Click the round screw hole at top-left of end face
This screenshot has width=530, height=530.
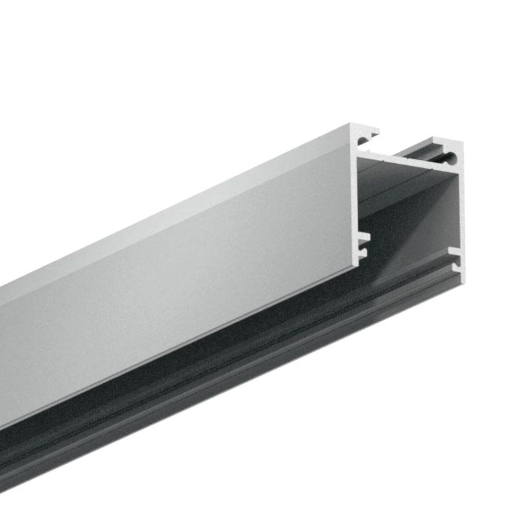[362, 142]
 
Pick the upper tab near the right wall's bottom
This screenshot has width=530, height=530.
[454, 250]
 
